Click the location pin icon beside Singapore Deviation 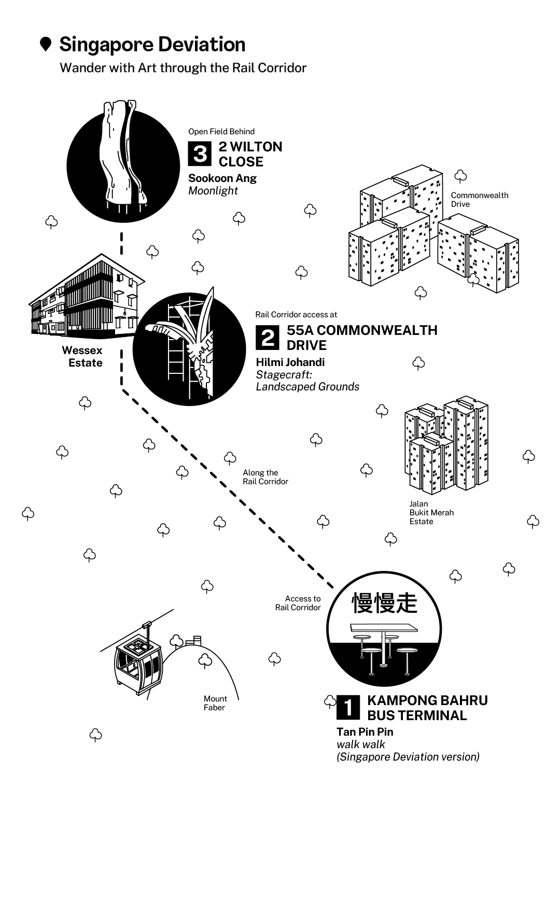46,45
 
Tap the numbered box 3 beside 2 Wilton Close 200,154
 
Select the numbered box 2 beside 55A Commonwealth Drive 268,338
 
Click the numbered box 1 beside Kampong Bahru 348,708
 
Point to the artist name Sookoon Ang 222,178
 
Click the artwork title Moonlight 213,191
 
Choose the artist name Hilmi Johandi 290,362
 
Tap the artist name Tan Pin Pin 365,732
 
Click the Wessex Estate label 82,357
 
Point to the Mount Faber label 215,703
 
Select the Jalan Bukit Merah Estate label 431,513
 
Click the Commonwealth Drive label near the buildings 479,200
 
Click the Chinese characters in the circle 384,602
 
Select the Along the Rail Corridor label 265,477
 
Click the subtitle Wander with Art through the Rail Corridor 183,68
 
